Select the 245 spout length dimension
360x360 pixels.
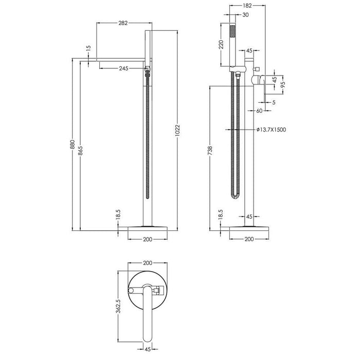123,68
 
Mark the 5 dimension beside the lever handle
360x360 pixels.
274,102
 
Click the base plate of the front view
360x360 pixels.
148,227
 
